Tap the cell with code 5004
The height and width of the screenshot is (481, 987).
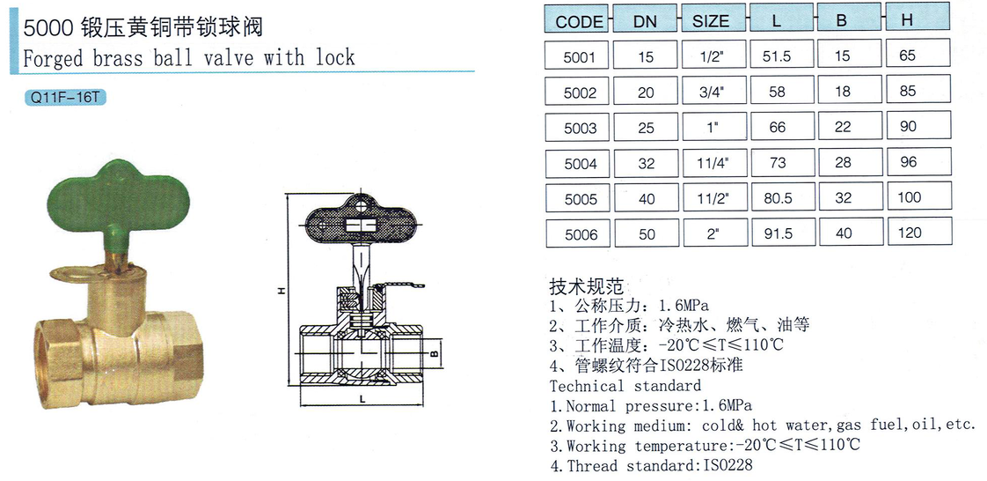pos(578,163)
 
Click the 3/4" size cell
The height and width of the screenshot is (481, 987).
pos(713,92)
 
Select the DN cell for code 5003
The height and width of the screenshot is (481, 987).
pos(646,128)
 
